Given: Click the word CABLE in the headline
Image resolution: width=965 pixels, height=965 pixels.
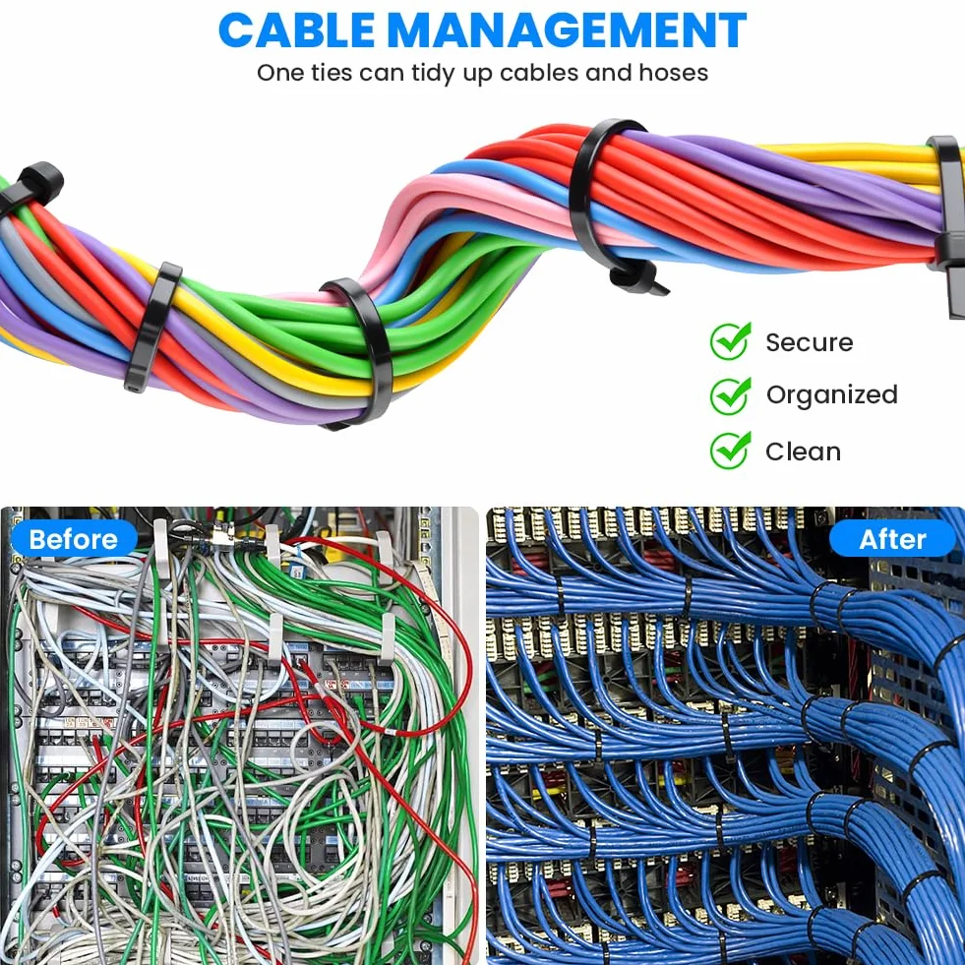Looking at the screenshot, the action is click(x=296, y=30).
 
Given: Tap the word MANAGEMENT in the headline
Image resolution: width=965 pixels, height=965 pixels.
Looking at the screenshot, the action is click(x=568, y=30).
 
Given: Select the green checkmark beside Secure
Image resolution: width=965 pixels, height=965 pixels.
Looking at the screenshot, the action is click(x=731, y=341).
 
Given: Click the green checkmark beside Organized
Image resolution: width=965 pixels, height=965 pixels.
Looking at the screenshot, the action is click(x=731, y=395).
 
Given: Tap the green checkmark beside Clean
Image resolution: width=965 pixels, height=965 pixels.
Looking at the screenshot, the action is click(x=731, y=451).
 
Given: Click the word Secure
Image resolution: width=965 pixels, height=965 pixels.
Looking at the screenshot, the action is click(x=810, y=342).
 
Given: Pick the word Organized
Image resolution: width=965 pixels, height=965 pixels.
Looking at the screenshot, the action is click(x=832, y=395).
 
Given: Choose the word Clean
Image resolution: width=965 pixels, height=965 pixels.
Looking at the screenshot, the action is click(x=803, y=452).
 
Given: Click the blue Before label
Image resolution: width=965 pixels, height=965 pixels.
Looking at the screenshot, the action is click(x=74, y=539).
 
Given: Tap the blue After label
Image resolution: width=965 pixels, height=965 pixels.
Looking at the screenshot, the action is click(x=892, y=539).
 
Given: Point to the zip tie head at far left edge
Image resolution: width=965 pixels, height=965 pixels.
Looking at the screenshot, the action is click(x=38, y=182).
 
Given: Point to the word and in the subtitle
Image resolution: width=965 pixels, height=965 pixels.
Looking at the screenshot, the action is click(x=609, y=73).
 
